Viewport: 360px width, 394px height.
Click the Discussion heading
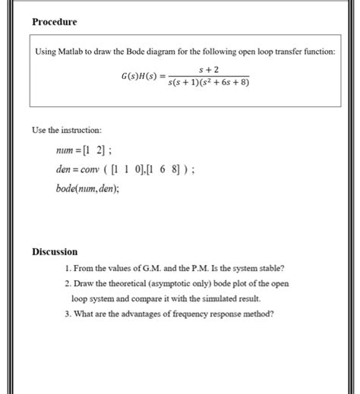click(x=54, y=252)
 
